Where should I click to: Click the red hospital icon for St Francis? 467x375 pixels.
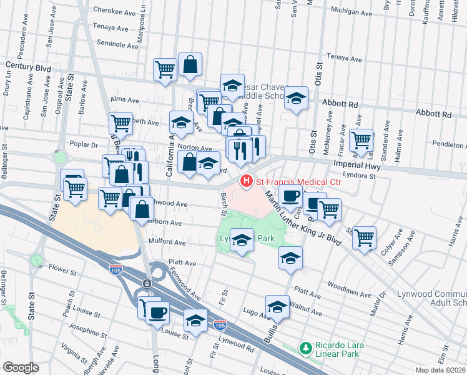coord(247,181)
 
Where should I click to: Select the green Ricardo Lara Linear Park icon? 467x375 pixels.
coord(305,347)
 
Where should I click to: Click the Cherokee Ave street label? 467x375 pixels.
coord(114,10)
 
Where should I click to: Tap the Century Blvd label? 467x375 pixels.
coord(27,65)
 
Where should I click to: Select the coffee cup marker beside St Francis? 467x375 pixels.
coord(290,196)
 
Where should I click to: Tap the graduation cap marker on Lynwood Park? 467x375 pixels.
coord(242,239)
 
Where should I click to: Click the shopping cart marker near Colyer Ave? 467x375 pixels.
coord(364,237)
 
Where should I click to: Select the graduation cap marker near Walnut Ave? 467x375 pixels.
coord(277,306)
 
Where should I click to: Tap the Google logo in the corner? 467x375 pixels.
coord(21,367)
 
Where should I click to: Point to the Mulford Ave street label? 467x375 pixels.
coord(167,242)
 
